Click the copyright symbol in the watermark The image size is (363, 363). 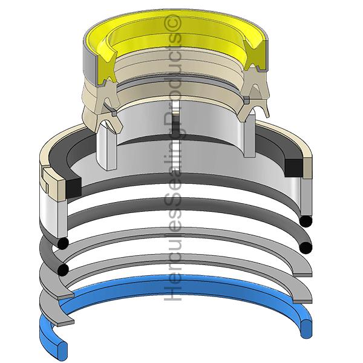tap(172, 23)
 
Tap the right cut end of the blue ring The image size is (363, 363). tap(306, 329)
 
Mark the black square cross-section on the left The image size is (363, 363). tap(74, 186)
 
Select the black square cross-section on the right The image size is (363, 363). tap(293, 168)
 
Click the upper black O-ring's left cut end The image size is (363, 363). tap(63, 244)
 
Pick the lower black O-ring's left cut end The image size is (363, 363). tap(63, 270)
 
